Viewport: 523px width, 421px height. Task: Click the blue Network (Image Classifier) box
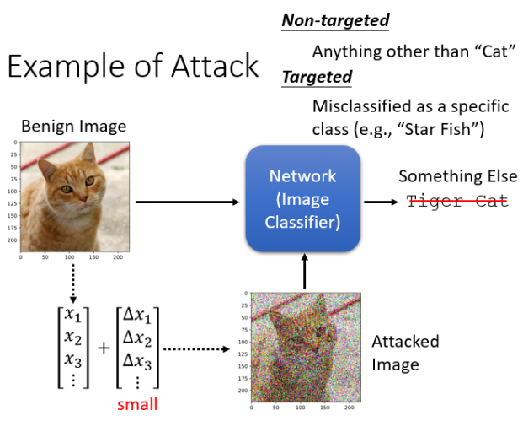[x=302, y=200]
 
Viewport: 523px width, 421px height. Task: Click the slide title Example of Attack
[x=133, y=67]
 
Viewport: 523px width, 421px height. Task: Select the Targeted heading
[x=317, y=78]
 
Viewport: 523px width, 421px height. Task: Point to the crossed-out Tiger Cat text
[x=457, y=201]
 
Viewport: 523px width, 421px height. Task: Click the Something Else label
[x=457, y=176]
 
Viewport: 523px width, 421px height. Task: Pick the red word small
[x=137, y=404]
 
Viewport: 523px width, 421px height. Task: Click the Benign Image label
[x=74, y=127]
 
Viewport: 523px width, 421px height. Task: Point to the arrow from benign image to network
[x=187, y=202]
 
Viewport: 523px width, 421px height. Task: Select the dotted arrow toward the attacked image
[x=196, y=348]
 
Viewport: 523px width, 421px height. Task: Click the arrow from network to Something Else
[x=381, y=202]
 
